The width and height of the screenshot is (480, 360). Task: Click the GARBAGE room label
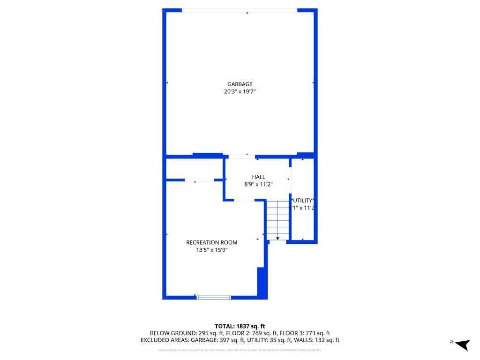[240, 84]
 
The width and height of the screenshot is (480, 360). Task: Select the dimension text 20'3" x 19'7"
[240, 92]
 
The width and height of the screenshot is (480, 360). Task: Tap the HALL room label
[258, 177]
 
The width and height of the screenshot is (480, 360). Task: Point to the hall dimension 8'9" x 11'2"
[258, 185]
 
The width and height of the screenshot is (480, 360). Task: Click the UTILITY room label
[302, 200]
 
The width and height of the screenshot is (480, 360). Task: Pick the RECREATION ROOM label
[212, 242]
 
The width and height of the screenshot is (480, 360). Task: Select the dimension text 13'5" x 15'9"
[212, 250]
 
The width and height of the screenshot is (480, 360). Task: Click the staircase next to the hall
[277, 220]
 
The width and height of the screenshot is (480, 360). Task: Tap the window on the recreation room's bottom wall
[214, 297]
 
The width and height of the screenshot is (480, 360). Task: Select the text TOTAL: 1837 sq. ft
[240, 326]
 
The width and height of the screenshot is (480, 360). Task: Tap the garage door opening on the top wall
[240, 10]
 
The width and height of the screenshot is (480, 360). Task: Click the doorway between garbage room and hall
[241, 156]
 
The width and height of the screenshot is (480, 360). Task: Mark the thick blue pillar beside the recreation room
[262, 283]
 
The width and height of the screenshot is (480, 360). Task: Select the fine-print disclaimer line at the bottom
[240, 350]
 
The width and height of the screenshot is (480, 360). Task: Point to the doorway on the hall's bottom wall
[244, 200]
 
